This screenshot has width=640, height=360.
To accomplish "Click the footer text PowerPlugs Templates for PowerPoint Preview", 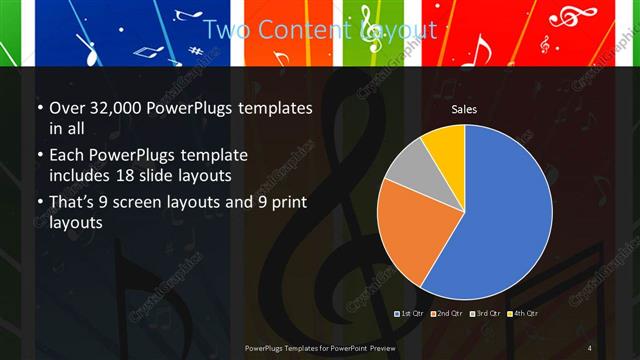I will coord(320,347).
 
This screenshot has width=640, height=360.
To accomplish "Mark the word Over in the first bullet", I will coord(67,109).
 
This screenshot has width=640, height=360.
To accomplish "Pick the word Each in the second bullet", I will coord(67,157).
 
